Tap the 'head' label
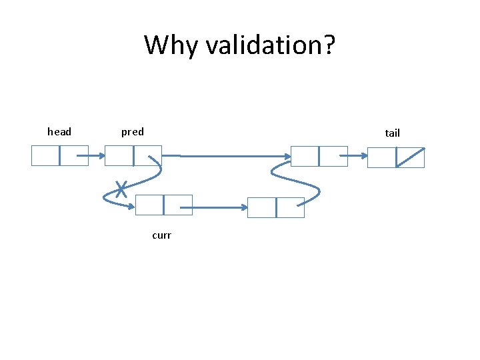59,132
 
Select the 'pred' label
132,132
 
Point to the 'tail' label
392,133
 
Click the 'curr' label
161,235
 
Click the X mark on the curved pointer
121,190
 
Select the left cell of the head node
45,156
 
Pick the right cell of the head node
73,156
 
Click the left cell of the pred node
119,156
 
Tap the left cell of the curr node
149,205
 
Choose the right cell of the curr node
177,205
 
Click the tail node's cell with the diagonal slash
410,157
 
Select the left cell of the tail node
382,157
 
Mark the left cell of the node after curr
261,208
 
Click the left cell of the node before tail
305,156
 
